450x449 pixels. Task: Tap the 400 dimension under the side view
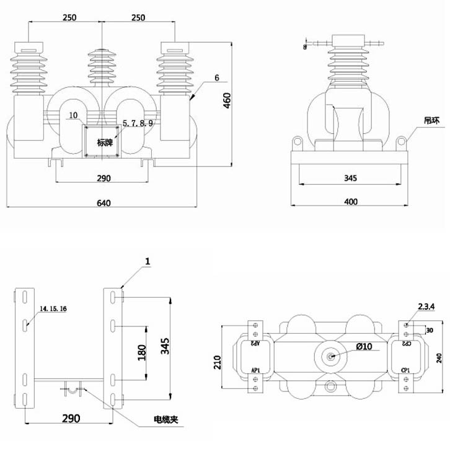pos(351,201)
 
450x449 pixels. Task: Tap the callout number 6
pos(217,78)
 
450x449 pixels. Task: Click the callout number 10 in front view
pos(73,115)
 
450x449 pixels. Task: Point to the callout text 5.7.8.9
pos(138,124)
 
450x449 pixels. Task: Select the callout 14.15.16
pos(53,308)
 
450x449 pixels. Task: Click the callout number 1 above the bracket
pos(148,263)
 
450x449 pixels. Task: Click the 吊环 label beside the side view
pos(431,120)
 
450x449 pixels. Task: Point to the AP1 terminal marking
pos(255,370)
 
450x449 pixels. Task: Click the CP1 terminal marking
pos(405,370)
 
